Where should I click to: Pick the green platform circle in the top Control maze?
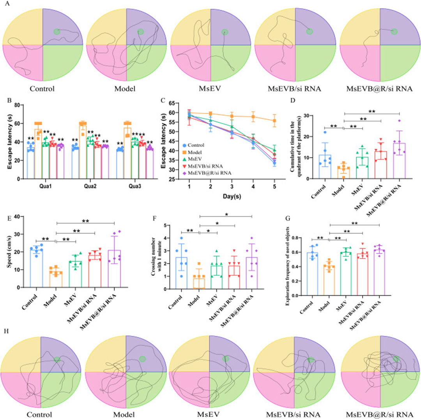57,32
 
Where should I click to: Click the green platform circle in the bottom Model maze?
142,358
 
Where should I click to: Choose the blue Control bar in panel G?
312,274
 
